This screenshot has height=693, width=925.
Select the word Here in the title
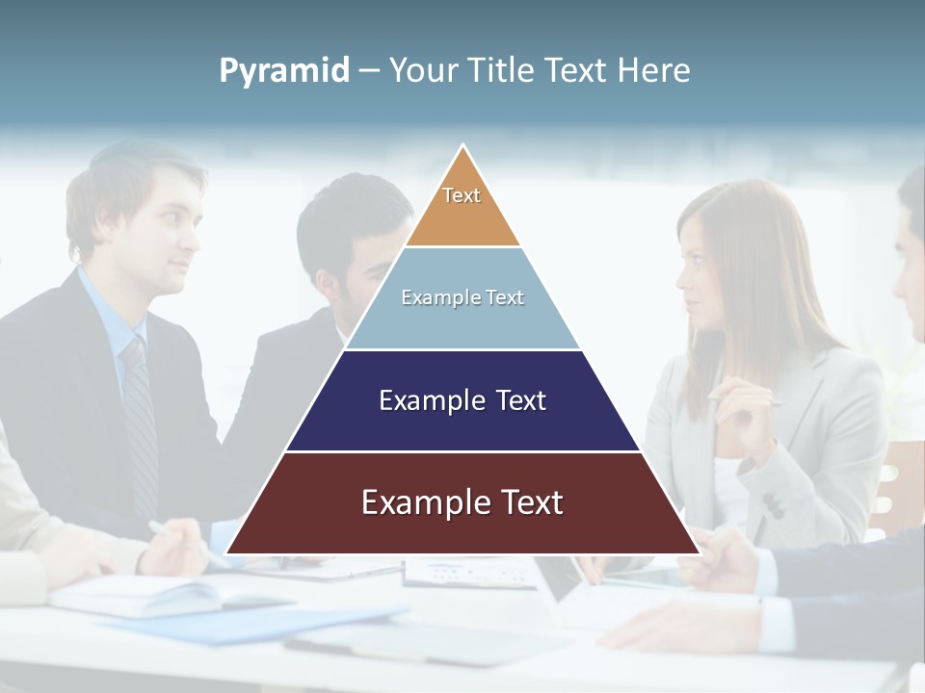pos(654,71)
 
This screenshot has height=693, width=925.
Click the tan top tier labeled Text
pos(462,207)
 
